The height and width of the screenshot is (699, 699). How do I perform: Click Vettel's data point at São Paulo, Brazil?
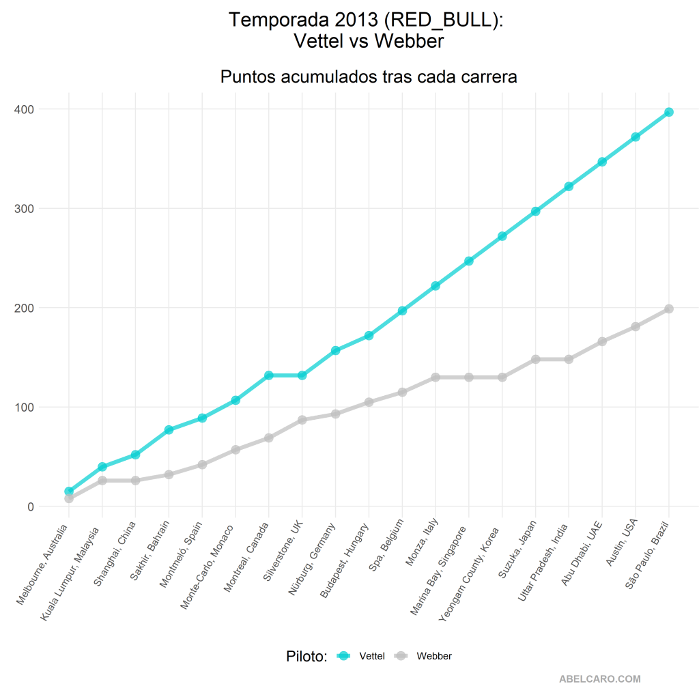coord(669,112)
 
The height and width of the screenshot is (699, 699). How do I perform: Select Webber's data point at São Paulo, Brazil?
coord(669,309)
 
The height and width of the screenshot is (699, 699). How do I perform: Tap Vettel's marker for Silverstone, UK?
coord(302,375)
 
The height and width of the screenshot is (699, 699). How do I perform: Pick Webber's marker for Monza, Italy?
coord(436,377)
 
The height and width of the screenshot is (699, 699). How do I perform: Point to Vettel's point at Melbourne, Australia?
coord(69,491)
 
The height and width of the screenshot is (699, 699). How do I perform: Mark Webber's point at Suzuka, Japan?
coord(535,359)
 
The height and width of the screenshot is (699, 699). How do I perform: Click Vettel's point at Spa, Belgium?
coord(402,311)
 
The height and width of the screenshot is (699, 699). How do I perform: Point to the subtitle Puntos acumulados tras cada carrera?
coord(369,77)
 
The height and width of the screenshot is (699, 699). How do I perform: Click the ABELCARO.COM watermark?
coord(599,679)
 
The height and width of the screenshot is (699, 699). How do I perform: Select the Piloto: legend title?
coord(306,657)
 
